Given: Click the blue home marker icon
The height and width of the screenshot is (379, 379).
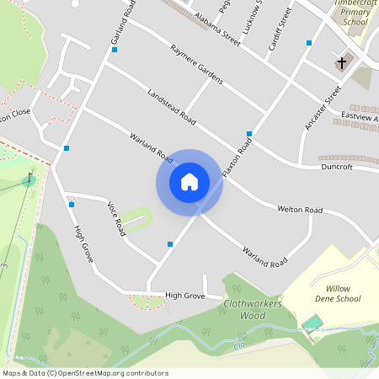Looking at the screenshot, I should click(189, 182).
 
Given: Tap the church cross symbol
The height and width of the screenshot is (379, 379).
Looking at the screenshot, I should click(342, 63).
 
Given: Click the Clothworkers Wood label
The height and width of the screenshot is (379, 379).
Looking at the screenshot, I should click(252, 309).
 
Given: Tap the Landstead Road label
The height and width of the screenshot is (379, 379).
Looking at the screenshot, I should click(171, 108).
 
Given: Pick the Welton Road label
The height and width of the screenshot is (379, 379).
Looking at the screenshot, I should click(300, 209).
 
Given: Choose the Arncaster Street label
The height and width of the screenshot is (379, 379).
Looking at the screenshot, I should click(321, 108).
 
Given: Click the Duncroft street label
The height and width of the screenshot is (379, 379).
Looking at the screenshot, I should click(337, 168).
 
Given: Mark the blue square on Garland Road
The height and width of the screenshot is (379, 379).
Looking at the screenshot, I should click(115, 50).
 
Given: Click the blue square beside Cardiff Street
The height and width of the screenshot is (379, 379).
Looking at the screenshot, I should click(309, 42).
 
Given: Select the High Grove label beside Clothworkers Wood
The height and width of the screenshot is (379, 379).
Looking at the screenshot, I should click(185, 296).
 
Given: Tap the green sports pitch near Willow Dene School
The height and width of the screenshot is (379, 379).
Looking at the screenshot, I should click(312, 323).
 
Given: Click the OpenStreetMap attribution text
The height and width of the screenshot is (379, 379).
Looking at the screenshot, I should click(85, 373).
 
